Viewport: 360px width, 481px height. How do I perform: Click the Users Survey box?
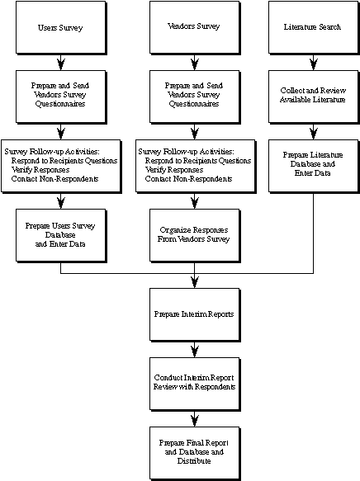tap(61, 27)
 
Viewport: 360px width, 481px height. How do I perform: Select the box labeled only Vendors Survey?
tap(195, 27)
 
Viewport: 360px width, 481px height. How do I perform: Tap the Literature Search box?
tap(314, 27)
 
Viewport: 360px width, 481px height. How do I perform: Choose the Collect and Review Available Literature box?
tap(314, 97)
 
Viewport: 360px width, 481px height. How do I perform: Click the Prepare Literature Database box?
tap(314, 167)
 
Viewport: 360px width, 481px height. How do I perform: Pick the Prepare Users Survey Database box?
tap(61, 236)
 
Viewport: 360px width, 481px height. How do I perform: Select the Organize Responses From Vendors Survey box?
tap(195, 236)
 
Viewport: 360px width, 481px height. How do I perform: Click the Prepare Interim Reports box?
tap(195, 314)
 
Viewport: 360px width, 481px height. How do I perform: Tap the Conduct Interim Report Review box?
tap(195, 384)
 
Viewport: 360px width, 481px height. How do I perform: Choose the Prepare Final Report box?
tap(195, 454)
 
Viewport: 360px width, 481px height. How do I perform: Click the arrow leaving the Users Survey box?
tap(61, 63)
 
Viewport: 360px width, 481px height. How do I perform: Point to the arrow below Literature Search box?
tap(314, 63)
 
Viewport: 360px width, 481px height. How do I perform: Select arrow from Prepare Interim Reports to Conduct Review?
tap(195, 350)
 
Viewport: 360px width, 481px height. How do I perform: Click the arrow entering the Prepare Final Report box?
tap(195, 419)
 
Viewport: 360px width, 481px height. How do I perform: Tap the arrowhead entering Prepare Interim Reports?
tap(195, 282)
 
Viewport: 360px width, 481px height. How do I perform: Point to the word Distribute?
tap(194, 460)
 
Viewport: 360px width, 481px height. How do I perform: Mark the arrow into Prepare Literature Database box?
tap(314, 132)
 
